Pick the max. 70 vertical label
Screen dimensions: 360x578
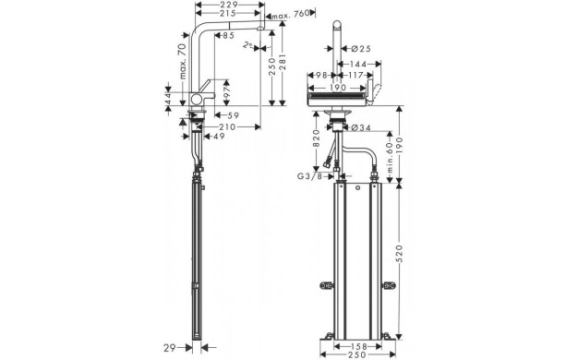tap(181, 62)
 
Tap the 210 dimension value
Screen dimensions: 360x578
tap(226, 126)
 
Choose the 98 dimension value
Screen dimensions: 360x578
tap(323, 75)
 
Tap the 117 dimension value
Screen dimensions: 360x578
tap(358, 75)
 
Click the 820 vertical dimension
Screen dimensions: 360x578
tap(317, 138)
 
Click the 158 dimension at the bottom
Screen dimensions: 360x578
tap(360, 347)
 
